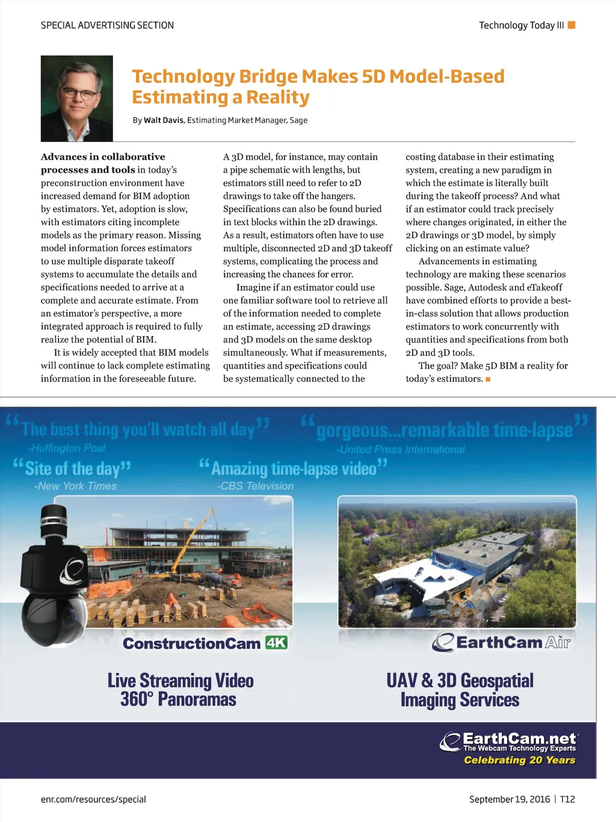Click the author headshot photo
point(76,98)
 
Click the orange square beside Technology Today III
point(571,25)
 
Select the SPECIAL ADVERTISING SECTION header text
point(107,25)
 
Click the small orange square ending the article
point(488,379)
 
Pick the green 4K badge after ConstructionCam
point(276,643)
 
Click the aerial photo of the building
point(457,561)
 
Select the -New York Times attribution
point(75,486)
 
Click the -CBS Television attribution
point(255,486)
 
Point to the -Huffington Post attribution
point(66,448)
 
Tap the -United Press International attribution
point(400,449)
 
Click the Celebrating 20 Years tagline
point(519,760)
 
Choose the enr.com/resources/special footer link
point(93,799)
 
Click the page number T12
point(567,799)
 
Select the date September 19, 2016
point(510,799)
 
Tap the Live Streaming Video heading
point(180,680)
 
